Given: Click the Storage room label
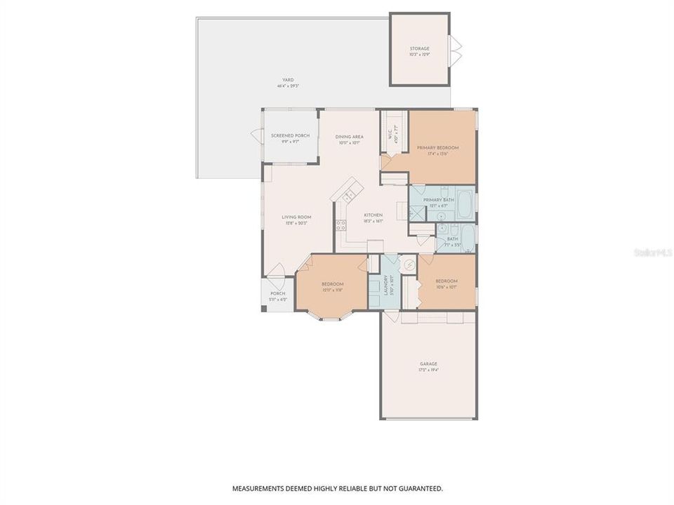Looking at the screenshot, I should (420, 51).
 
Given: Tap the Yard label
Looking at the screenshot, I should (289, 83).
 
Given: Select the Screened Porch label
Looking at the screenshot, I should (291, 138).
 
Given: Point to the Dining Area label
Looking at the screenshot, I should (349, 139).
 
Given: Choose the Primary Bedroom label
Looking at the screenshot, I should (437, 150).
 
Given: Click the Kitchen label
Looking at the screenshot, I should (372, 217).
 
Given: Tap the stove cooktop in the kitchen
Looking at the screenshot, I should (341, 225).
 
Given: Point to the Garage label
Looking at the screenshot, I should (428, 366).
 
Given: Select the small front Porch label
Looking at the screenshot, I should (277, 296).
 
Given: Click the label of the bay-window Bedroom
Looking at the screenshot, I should (333, 287).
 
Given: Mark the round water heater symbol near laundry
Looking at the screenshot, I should (409, 264).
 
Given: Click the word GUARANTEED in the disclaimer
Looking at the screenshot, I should (418, 488).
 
